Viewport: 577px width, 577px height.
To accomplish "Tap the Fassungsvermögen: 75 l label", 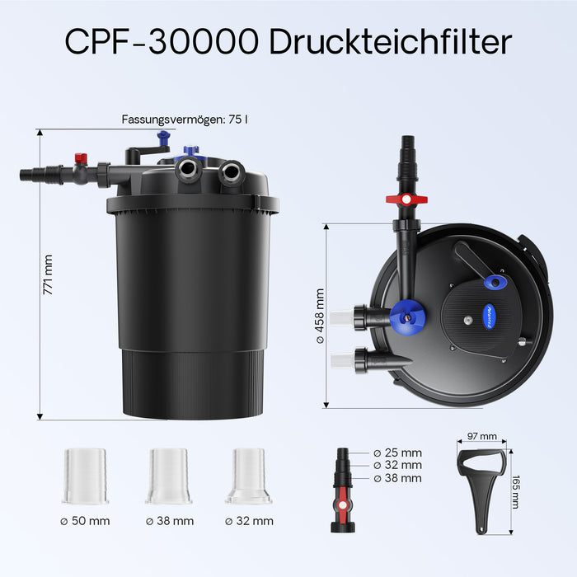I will (x=185, y=119).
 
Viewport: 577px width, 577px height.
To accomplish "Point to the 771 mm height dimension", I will (x=48, y=274).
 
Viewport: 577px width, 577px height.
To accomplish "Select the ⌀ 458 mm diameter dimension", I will (x=320, y=315).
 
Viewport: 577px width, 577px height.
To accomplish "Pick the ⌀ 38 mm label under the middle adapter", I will (x=169, y=521).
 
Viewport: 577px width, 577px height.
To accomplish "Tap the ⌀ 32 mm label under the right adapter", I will (x=249, y=521).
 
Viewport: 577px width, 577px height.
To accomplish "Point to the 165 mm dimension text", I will (x=515, y=491).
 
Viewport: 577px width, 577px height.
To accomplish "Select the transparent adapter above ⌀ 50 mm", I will (x=85, y=476).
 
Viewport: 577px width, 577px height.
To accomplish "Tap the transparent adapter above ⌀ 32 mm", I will (x=249, y=476).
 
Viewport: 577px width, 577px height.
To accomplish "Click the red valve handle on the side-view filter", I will (x=81, y=157).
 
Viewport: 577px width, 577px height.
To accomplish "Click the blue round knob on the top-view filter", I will (x=407, y=312).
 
